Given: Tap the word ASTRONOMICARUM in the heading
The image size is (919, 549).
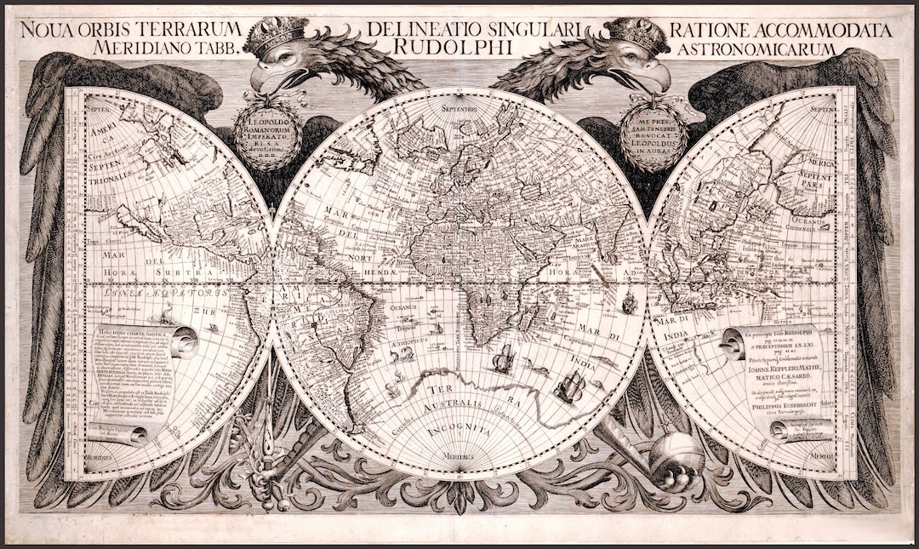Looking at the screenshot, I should tap(757, 49).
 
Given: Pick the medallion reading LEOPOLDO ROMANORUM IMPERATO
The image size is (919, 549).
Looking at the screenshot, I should tap(269, 135).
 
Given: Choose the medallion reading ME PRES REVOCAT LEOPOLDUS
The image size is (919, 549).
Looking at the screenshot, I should tap(654, 136).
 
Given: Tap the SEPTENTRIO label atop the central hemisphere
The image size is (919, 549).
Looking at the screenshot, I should tap(459, 110).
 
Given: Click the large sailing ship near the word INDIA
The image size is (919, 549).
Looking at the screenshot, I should tap(568, 386).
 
